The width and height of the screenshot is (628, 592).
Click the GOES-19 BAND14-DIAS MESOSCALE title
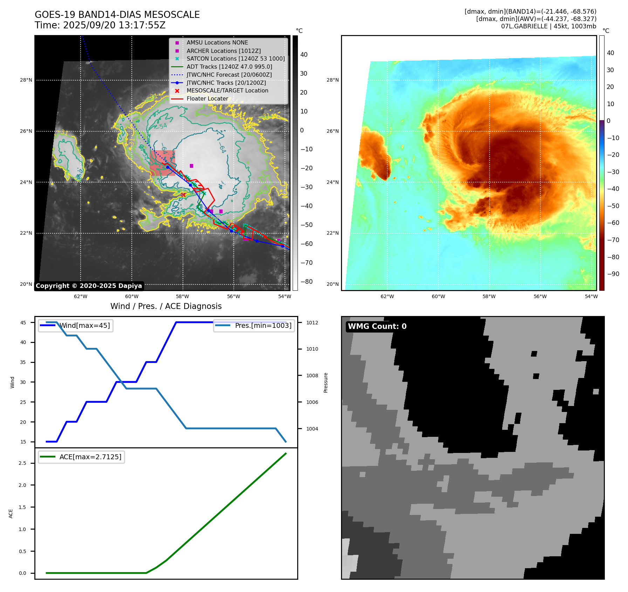(x=117, y=15)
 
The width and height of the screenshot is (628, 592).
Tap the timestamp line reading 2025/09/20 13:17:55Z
(x=100, y=25)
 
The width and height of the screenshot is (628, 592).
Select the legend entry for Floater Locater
(x=207, y=99)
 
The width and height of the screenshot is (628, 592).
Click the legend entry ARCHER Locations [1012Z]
(x=224, y=51)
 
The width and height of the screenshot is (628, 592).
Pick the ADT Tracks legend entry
(x=229, y=67)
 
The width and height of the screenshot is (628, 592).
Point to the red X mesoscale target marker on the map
(x=183, y=195)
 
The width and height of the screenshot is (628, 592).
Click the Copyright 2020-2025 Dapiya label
(x=89, y=286)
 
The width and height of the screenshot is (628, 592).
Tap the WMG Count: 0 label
(x=377, y=326)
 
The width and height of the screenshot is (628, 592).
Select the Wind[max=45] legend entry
(x=84, y=325)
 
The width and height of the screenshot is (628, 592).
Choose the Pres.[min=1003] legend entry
(x=263, y=325)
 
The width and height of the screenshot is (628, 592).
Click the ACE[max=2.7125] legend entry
(x=90, y=457)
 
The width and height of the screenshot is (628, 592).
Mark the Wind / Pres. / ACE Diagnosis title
(x=166, y=306)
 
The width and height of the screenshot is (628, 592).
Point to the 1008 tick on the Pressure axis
(x=312, y=376)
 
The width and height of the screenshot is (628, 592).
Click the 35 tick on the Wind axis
(x=23, y=362)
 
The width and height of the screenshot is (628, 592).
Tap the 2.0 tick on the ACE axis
(x=22, y=485)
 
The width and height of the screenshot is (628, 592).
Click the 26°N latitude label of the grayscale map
(x=26, y=131)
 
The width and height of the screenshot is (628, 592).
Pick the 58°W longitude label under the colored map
(x=489, y=296)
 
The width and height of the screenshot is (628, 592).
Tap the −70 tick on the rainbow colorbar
(x=613, y=240)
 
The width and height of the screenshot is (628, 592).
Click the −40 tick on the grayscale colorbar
(x=307, y=206)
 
